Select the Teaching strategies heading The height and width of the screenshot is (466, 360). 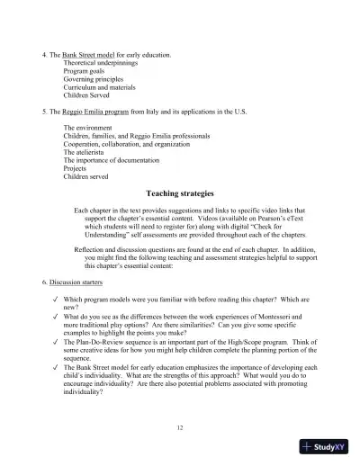point(180,193)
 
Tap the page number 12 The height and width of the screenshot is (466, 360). point(180,426)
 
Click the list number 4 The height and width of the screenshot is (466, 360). point(44,56)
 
